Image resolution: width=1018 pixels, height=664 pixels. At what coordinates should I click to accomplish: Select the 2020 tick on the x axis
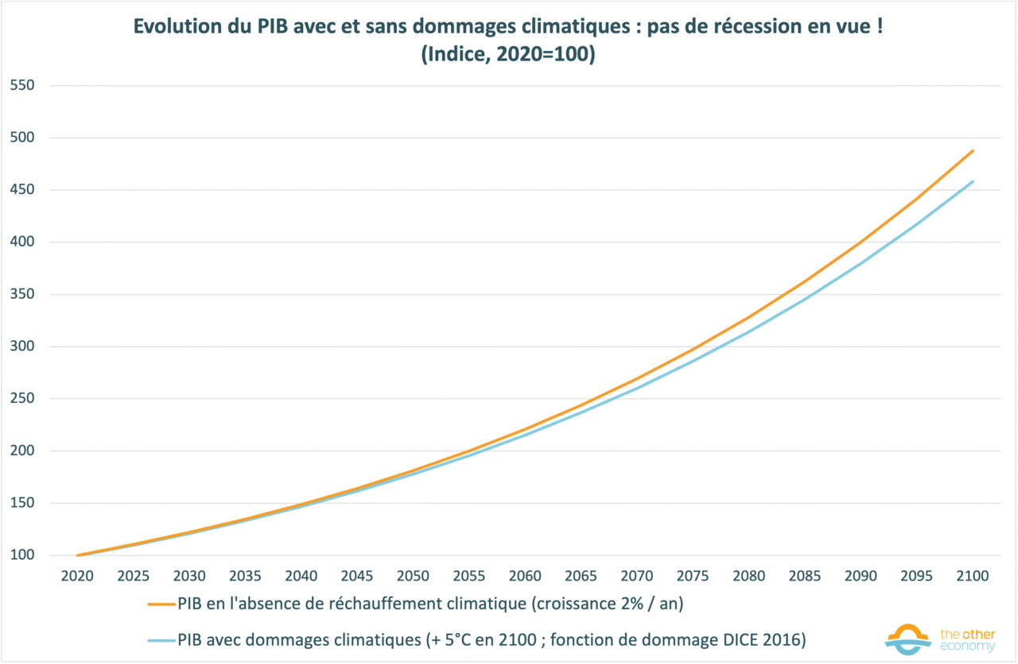coord(78,576)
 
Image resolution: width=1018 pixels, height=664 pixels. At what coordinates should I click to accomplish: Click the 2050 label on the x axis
coord(414,576)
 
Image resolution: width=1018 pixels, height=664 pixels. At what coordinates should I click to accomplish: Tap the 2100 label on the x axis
coord(973,576)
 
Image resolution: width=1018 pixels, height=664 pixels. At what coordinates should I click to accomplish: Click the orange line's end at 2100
coord(973,150)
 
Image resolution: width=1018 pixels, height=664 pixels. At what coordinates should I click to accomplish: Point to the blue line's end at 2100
coord(973,181)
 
